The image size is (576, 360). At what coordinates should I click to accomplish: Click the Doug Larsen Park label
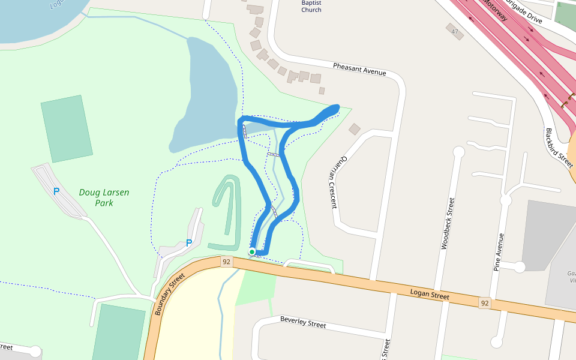104,197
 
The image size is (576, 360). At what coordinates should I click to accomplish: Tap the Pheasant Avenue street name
359,69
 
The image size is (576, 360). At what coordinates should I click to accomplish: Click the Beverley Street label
303,322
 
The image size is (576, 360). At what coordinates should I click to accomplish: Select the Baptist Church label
311,6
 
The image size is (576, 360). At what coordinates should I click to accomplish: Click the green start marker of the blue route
253,252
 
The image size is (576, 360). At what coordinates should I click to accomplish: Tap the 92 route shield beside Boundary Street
226,262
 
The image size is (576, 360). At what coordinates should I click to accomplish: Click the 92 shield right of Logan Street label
485,304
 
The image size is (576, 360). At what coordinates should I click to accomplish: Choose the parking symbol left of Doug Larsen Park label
56,191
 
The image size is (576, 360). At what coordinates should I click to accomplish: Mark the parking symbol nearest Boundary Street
189,243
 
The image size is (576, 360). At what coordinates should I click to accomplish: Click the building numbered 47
455,31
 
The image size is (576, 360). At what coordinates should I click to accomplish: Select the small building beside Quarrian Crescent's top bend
355,129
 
